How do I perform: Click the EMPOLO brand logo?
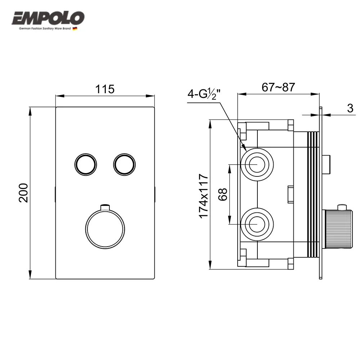pos(48,18)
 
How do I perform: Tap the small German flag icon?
pos(75,29)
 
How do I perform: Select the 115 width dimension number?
pos(105,89)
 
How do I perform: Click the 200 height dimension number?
pos(23,193)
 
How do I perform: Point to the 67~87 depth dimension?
pos(278,87)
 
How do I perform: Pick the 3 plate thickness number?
pos(350,108)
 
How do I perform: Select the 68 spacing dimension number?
pos(223,194)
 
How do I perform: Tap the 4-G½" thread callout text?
pos(204,94)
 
